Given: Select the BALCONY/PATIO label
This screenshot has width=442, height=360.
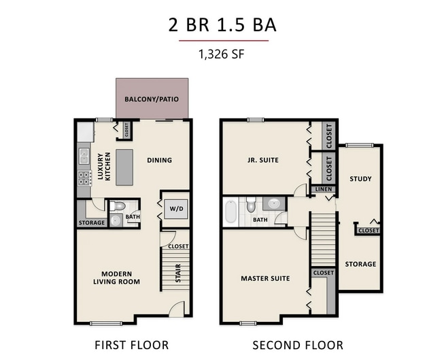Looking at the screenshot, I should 152,99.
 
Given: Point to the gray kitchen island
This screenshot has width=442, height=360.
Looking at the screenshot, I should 124,167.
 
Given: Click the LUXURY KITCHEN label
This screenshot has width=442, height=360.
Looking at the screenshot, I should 103,167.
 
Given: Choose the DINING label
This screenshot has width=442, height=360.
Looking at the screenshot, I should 159,161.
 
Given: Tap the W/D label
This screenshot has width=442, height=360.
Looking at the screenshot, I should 176,208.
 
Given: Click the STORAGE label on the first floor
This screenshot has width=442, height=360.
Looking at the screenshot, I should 92,223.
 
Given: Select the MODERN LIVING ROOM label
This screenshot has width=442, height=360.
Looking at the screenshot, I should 117,278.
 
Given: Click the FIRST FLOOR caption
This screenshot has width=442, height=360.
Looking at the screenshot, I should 132,345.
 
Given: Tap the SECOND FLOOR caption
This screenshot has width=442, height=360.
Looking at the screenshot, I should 298,345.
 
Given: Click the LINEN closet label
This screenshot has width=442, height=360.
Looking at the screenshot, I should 323,189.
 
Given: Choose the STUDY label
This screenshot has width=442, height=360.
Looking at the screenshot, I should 360,179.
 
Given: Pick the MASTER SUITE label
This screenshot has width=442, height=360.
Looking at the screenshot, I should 265,278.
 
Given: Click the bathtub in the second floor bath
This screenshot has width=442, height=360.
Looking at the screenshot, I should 231,211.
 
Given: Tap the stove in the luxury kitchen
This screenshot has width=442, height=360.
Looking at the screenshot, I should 85,179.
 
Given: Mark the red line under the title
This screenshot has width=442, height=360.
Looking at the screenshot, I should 222,41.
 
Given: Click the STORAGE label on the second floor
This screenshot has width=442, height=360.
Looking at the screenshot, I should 360,264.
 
